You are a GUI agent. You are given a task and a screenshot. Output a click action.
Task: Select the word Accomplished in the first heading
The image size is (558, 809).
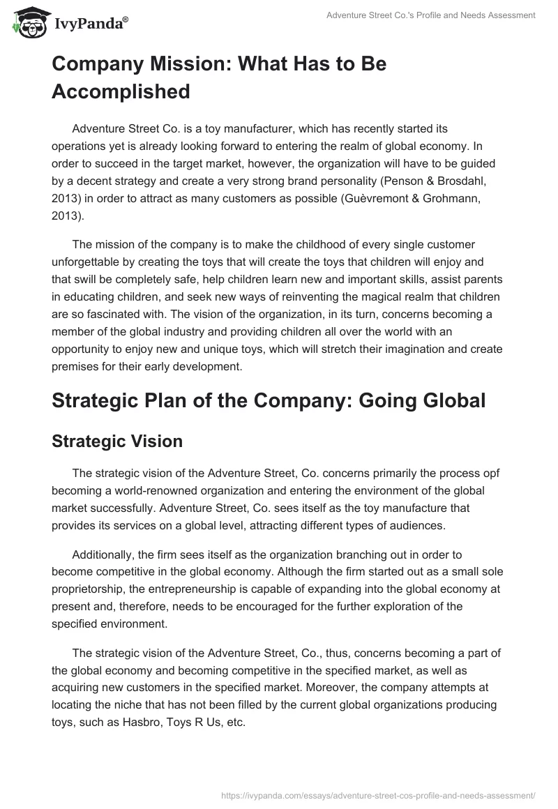coord(121,91)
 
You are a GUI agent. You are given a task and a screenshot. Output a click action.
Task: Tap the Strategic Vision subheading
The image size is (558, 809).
coord(117,441)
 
